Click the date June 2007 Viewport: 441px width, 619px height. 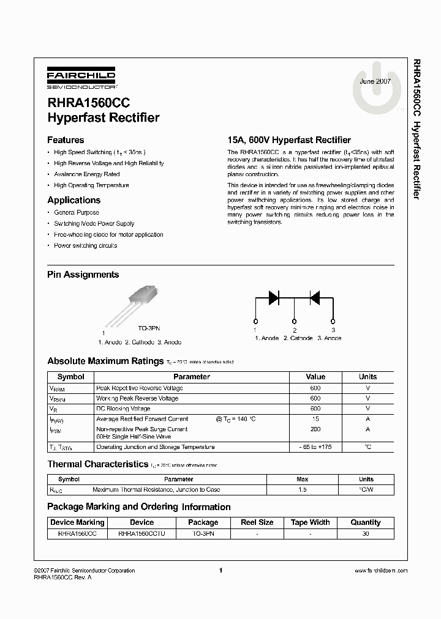(x=375, y=81)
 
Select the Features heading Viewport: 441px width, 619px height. (x=66, y=140)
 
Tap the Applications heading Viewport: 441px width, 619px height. (x=73, y=200)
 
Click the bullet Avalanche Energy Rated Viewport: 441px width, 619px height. (x=86, y=174)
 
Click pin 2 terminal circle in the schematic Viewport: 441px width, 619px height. (x=294, y=321)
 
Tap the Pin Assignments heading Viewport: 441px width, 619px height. (x=83, y=275)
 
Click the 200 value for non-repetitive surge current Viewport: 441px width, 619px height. (x=315, y=429)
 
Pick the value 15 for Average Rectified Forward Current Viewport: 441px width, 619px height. (x=315, y=419)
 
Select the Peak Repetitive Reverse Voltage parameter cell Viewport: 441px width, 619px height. (x=139, y=388)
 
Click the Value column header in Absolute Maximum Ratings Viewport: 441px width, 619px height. (x=315, y=377)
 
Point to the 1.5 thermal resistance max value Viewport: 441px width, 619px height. (x=302, y=490)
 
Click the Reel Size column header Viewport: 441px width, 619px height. (x=257, y=522)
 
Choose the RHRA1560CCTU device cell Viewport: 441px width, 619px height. (x=141, y=533)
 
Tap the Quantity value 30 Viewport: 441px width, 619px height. (x=366, y=533)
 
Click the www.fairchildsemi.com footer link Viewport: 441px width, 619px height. (x=380, y=571)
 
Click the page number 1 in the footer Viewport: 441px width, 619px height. (x=220, y=571)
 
